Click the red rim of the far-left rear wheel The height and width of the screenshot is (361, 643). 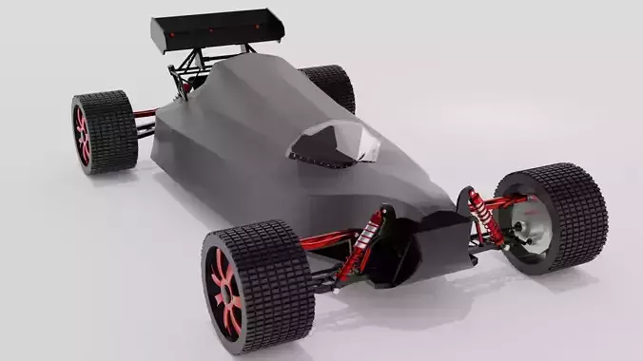83,133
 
